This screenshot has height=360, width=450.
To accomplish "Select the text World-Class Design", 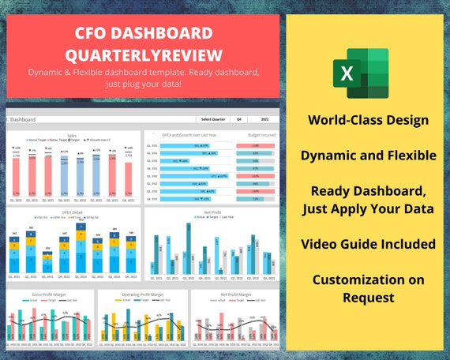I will click(x=369, y=120).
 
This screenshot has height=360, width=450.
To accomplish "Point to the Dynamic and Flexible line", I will click(x=369, y=156).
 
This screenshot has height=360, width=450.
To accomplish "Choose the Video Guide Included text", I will click(x=369, y=244).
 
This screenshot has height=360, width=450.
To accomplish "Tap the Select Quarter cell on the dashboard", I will click(x=213, y=119).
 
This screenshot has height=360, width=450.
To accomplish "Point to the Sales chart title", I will click(x=72, y=135).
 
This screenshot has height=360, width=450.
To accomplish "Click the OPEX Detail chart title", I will click(x=72, y=212).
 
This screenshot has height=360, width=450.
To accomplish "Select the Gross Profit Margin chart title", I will click(x=49, y=294).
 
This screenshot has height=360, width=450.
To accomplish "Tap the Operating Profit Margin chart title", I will click(x=142, y=294).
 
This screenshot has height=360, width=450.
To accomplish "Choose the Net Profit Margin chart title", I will click(x=234, y=294).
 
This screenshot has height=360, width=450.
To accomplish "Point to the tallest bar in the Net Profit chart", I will click(x=188, y=249).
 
